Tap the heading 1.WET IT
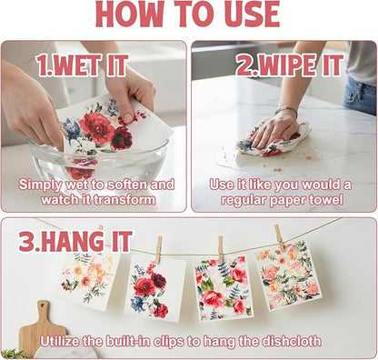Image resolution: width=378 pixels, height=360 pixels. [82, 65]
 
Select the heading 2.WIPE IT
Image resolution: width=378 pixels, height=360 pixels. [290, 65]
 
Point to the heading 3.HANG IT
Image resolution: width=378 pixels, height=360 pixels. [75, 241]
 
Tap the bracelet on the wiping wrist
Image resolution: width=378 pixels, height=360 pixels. [286, 110]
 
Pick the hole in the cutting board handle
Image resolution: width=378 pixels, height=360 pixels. [44, 305]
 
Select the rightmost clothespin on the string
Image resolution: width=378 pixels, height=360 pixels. [279, 237]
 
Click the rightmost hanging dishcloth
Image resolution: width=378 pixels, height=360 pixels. [287, 275]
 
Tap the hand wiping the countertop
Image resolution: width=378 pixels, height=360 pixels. [274, 131]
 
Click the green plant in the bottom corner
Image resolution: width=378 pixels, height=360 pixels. [13, 354]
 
